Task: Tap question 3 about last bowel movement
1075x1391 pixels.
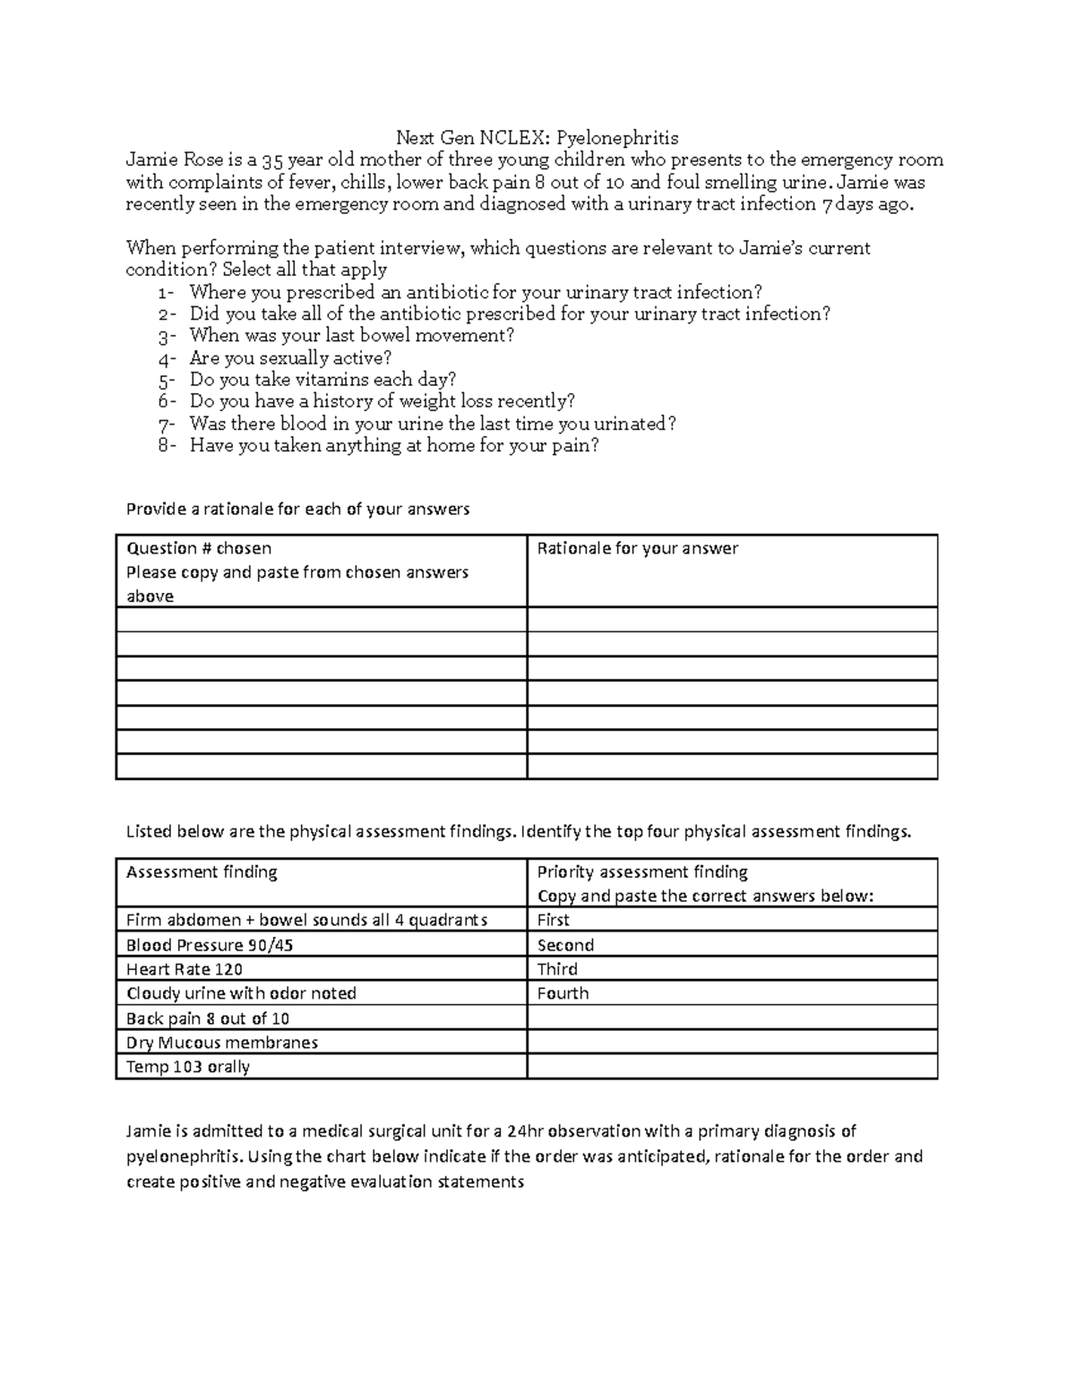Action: click(351, 336)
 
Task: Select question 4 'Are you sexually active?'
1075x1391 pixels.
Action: click(290, 358)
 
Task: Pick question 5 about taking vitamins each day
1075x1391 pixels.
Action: click(322, 380)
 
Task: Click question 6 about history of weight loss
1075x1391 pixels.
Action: click(382, 401)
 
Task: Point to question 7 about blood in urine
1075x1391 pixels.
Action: click(432, 424)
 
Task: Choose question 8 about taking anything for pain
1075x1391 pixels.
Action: click(393, 445)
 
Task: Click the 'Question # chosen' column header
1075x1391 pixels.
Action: click(199, 548)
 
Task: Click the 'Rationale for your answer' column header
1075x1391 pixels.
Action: click(637, 548)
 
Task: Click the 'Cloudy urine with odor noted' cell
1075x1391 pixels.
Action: click(241, 993)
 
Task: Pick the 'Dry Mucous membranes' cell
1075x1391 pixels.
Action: click(222, 1043)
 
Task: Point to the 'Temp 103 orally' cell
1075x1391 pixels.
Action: click(188, 1067)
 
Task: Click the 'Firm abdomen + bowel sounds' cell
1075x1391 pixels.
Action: click(306, 920)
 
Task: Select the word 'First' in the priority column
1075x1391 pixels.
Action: click(553, 920)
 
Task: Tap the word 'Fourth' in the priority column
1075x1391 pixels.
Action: click(563, 993)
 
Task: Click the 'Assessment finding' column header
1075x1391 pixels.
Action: click(202, 872)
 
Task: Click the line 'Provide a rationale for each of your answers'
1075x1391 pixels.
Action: click(297, 509)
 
